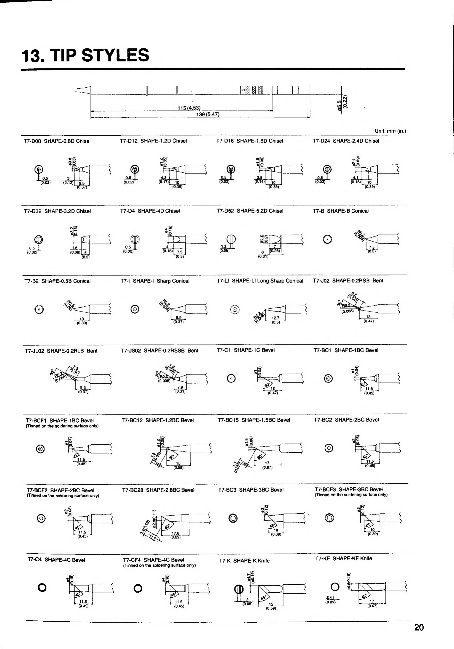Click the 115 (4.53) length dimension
pyautogui.click(x=189, y=108)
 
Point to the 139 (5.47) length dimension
pyautogui.click(x=208, y=114)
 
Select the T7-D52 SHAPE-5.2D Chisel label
pyautogui.click(x=250, y=211)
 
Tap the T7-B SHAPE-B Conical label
pyautogui.click(x=340, y=211)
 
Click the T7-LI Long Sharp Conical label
pyautogui.click(x=260, y=281)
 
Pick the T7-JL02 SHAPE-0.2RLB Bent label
pyautogui.click(x=61, y=351)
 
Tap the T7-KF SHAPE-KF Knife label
pyautogui.click(x=344, y=558)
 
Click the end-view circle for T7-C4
pyautogui.click(x=42, y=588)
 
